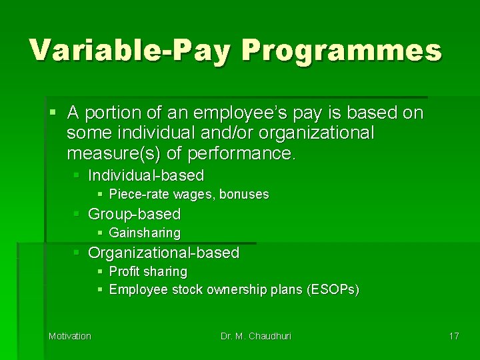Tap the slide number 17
coord(454,336)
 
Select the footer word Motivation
coord(70,336)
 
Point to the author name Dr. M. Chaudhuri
coord(255,336)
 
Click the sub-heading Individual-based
coord(146,175)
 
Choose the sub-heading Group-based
coord(134,214)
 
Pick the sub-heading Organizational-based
coord(163,253)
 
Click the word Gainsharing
coord(145,233)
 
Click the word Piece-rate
coord(135,195)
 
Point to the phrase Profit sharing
coord(148,271)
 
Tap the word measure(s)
coord(114,155)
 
